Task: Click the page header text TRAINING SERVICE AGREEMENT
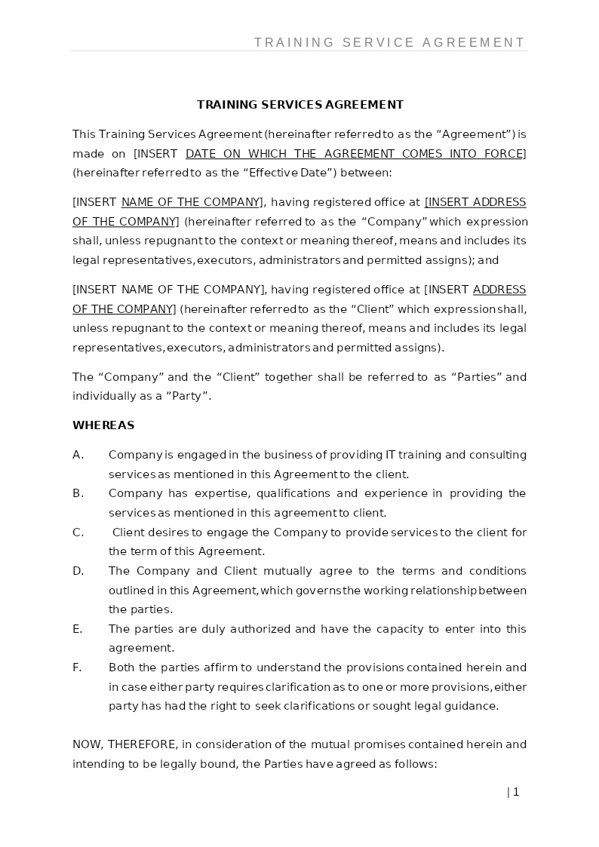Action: pyautogui.click(x=389, y=42)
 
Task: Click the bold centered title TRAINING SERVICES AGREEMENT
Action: pyautogui.click(x=300, y=105)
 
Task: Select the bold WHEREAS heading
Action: pyautogui.click(x=103, y=425)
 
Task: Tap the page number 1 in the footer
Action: pyautogui.click(x=516, y=792)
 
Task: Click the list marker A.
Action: pyautogui.click(x=78, y=455)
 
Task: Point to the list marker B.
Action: pyautogui.click(x=78, y=493)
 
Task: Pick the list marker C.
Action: pyautogui.click(x=78, y=532)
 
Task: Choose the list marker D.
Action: pyautogui.click(x=78, y=571)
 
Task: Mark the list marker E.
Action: pyautogui.click(x=78, y=629)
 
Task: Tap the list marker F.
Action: pyautogui.click(x=78, y=667)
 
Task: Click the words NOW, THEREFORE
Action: pyautogui.click(x=124, y=744)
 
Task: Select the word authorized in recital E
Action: pyautogui.click(x=260, y=629)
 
